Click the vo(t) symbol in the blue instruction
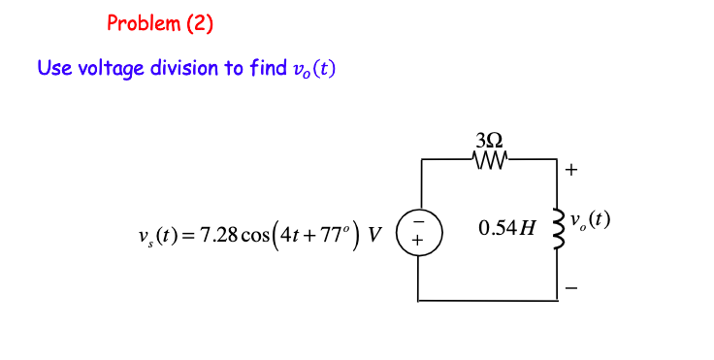click(313, 70)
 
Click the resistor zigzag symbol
click(489, 157)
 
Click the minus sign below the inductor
click(571, 287)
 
